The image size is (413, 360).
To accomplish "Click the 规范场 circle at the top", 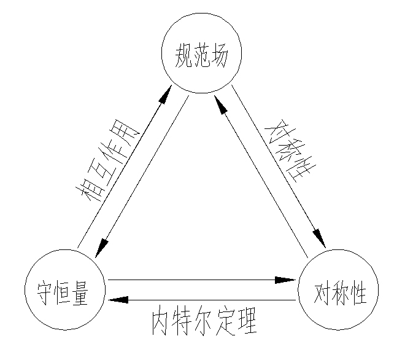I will click(x=201, y=54).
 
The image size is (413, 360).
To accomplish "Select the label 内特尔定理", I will click(x=204, y=321).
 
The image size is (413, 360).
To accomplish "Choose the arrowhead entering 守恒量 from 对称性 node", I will click(x=118, y=300).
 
